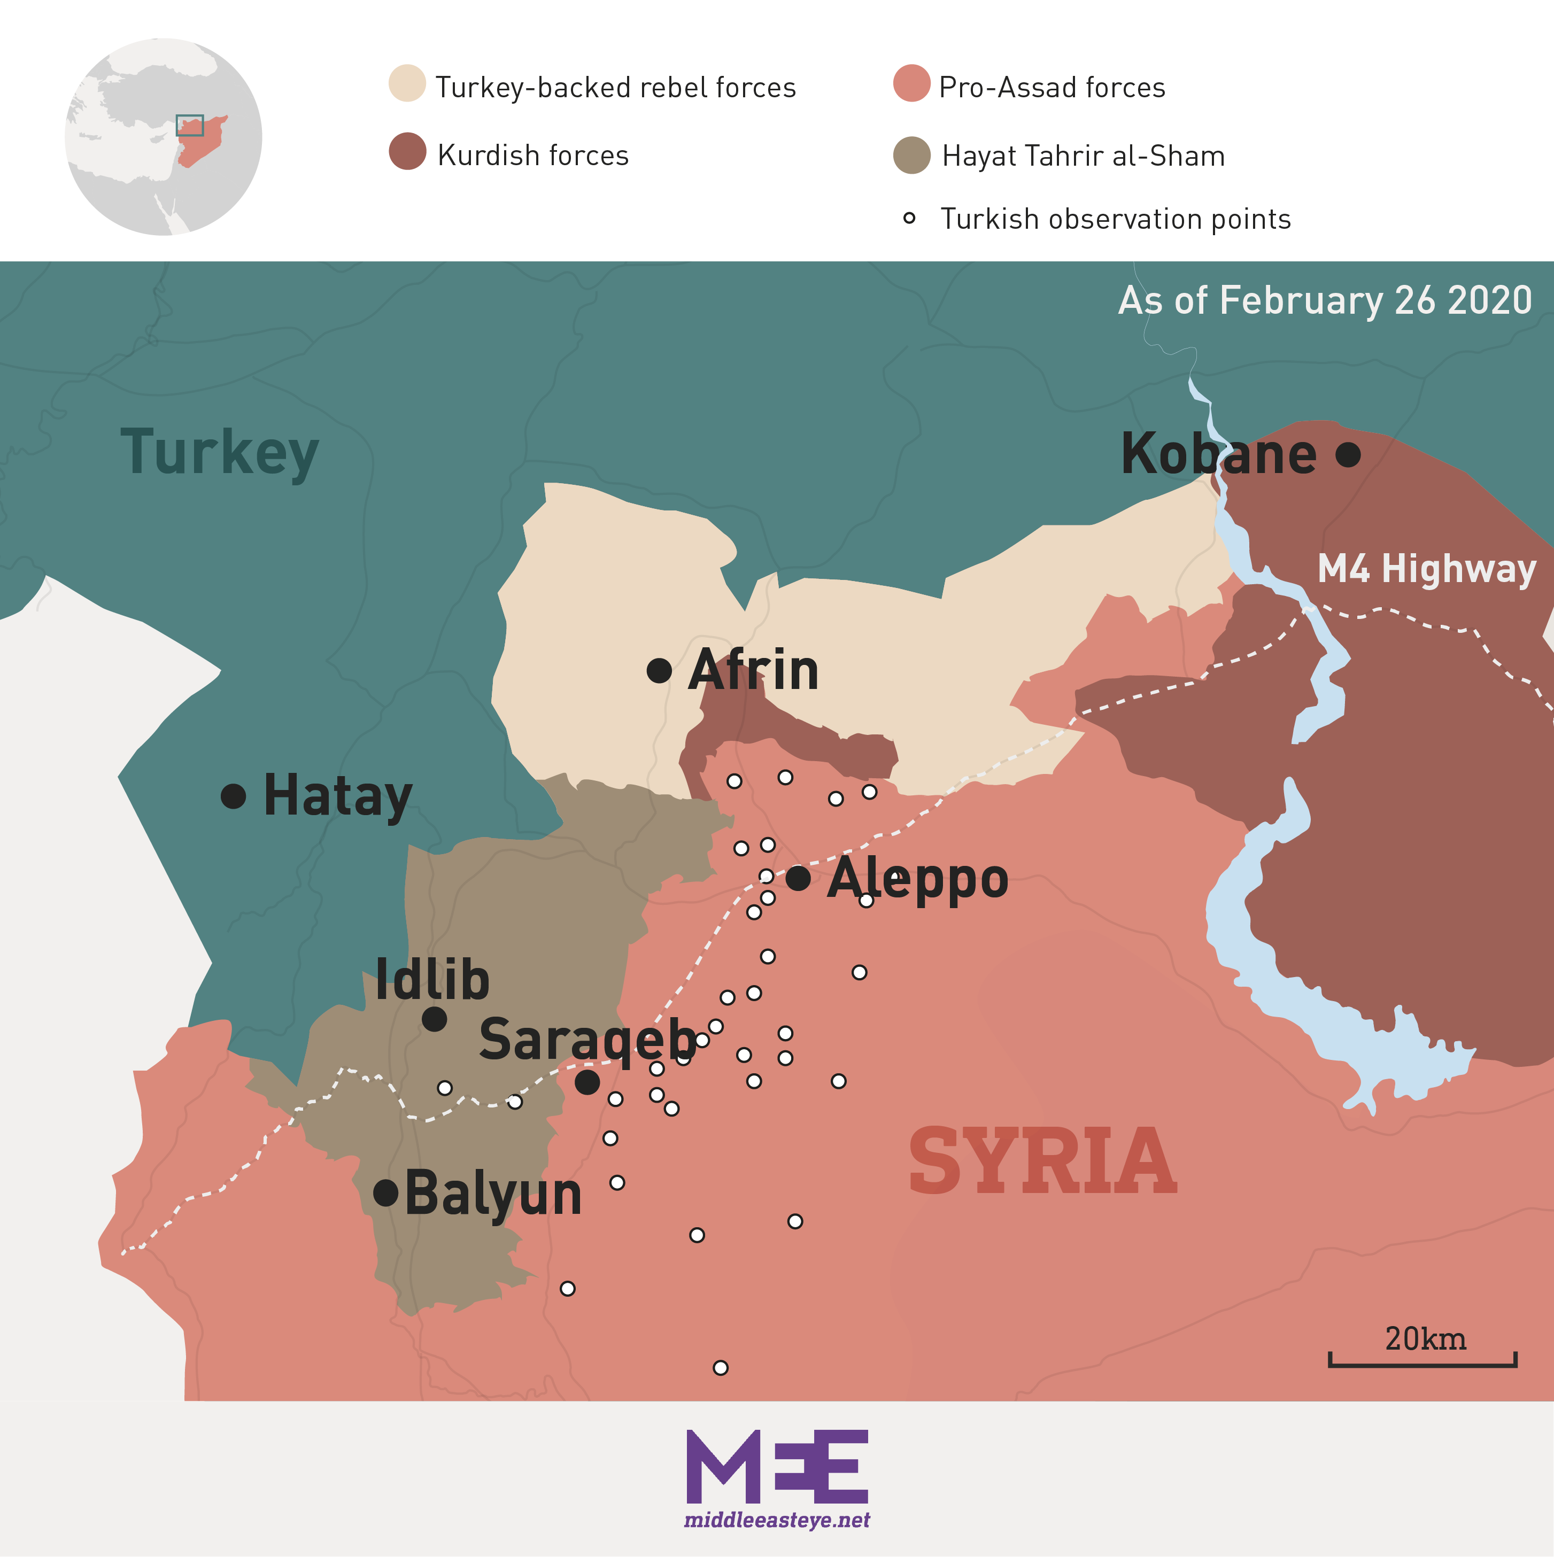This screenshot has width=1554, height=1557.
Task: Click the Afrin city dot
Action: click(659, 670)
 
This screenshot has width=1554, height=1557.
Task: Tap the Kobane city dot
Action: click(1348, 454)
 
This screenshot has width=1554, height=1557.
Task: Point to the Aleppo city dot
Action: click(798, 878)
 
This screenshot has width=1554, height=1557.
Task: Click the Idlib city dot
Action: click(435, 1019)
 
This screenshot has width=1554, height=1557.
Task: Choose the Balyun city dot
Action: click(386, 1192)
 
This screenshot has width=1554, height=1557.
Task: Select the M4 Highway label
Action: click(1426, 569)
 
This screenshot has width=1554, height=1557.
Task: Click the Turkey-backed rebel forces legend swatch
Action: click(407, 83)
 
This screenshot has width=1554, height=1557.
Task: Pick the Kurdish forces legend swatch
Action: click(407, 151)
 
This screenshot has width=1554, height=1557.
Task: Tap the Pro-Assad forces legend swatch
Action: click(911, 83)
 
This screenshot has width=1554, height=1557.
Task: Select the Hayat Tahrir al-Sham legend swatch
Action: click(911, 154)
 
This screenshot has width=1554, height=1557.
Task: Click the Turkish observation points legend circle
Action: click(909, 218)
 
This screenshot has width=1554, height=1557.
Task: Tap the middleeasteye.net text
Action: click(777, 1521)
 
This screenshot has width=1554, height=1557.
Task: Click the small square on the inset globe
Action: click(189, 125)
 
